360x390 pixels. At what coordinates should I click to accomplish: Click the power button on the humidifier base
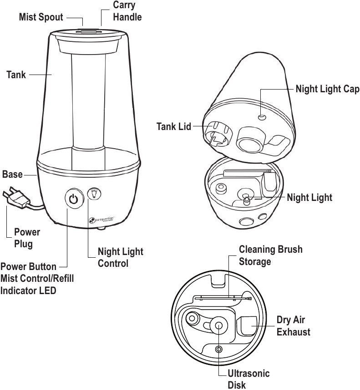pos(73,199)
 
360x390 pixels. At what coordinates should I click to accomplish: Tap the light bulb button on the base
pos(94,194)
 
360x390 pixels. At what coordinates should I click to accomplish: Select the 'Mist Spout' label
pos(41,18)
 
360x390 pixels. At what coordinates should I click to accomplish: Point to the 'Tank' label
pos(16,74)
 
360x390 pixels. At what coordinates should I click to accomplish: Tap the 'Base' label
pos(12,175)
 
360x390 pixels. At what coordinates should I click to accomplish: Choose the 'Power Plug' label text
pos(27,238)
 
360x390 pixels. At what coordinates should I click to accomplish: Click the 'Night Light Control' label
pos(120,257)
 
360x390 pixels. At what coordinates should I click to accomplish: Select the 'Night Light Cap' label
pos(327,89)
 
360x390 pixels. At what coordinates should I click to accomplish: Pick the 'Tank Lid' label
pos(174,126)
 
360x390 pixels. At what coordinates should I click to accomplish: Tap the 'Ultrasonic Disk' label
pos(248,379)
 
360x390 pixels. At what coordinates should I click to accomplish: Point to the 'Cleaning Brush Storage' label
pos(270,255)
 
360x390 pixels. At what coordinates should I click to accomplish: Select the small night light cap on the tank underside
pos(261,117)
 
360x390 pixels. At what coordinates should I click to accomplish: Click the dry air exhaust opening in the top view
pos(248,326)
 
